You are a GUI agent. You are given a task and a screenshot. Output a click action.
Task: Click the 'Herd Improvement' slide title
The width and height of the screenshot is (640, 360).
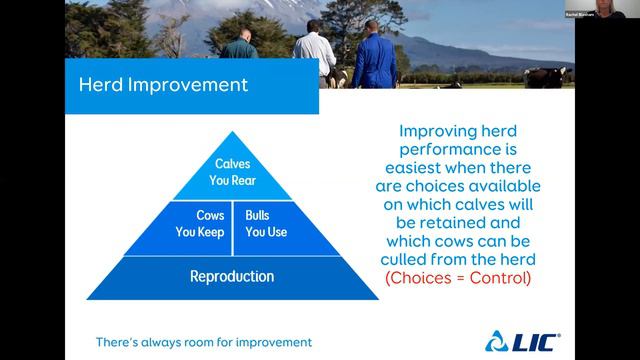(x=163, y=84)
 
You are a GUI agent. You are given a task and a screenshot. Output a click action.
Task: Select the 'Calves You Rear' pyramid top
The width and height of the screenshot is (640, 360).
(x=232, y=171)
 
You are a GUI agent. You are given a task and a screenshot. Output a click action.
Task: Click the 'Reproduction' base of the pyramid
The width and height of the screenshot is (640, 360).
(x=232, y=276)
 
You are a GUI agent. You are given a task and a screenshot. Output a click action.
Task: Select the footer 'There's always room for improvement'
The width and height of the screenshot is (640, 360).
(x=203, y=342)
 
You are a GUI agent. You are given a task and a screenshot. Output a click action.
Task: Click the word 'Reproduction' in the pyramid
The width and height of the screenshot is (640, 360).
(x=232, y=276)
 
